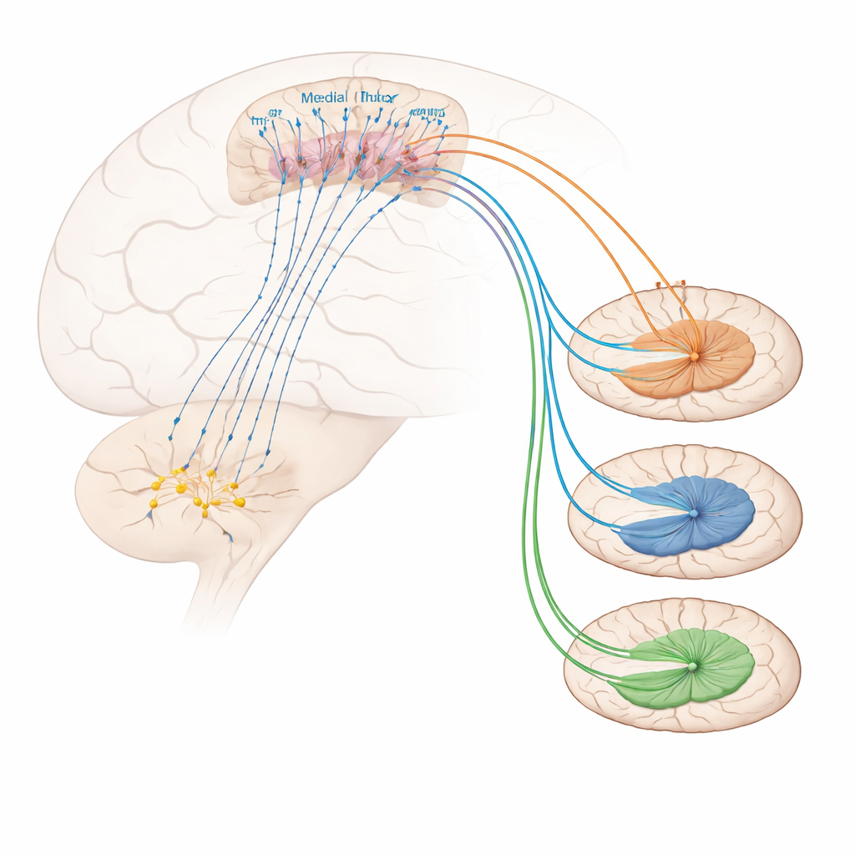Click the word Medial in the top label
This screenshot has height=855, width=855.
coord(323,98)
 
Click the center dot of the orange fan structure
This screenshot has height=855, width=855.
coord(693,357)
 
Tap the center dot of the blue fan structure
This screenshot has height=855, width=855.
coord(692,513)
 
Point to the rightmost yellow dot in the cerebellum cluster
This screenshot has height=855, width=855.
coord(240,503)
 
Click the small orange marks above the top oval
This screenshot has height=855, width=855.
coord(670,285)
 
